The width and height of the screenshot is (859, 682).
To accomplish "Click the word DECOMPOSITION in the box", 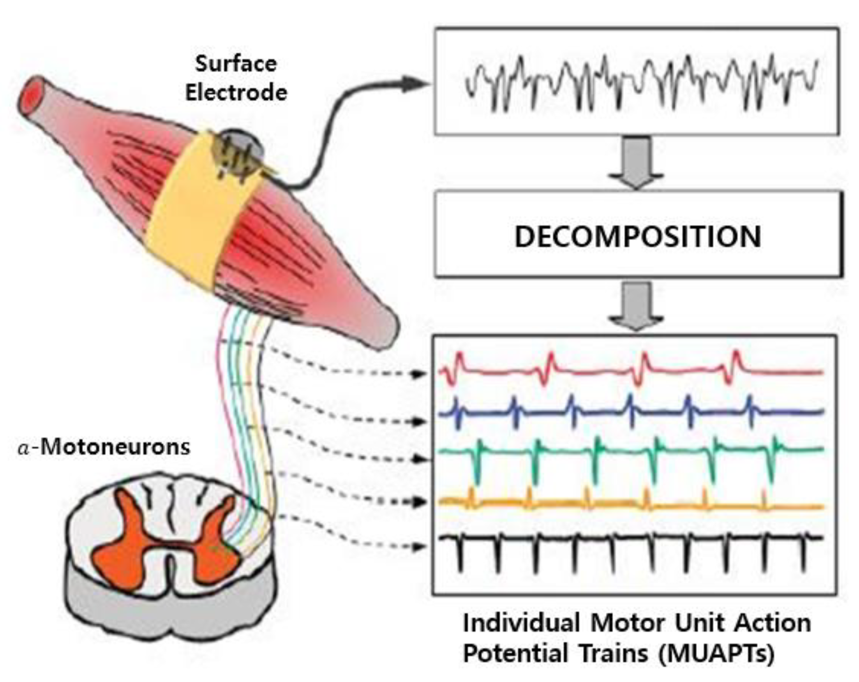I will pyautogui.click(x=637, y=237).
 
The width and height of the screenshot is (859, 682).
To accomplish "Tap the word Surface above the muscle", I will pyautogui.click(x=236, y=64).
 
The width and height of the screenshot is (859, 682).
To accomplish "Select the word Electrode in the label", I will pyautogui.click(x=236, y=93).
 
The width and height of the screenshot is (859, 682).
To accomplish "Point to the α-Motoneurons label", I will pyautogui.click(x=104, y=447).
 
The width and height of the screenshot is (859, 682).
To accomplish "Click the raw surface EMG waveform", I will pyautogui.click(x=641, y=82).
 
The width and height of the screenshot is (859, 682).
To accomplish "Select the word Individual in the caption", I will pyautogui.click(x=521, y=623).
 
